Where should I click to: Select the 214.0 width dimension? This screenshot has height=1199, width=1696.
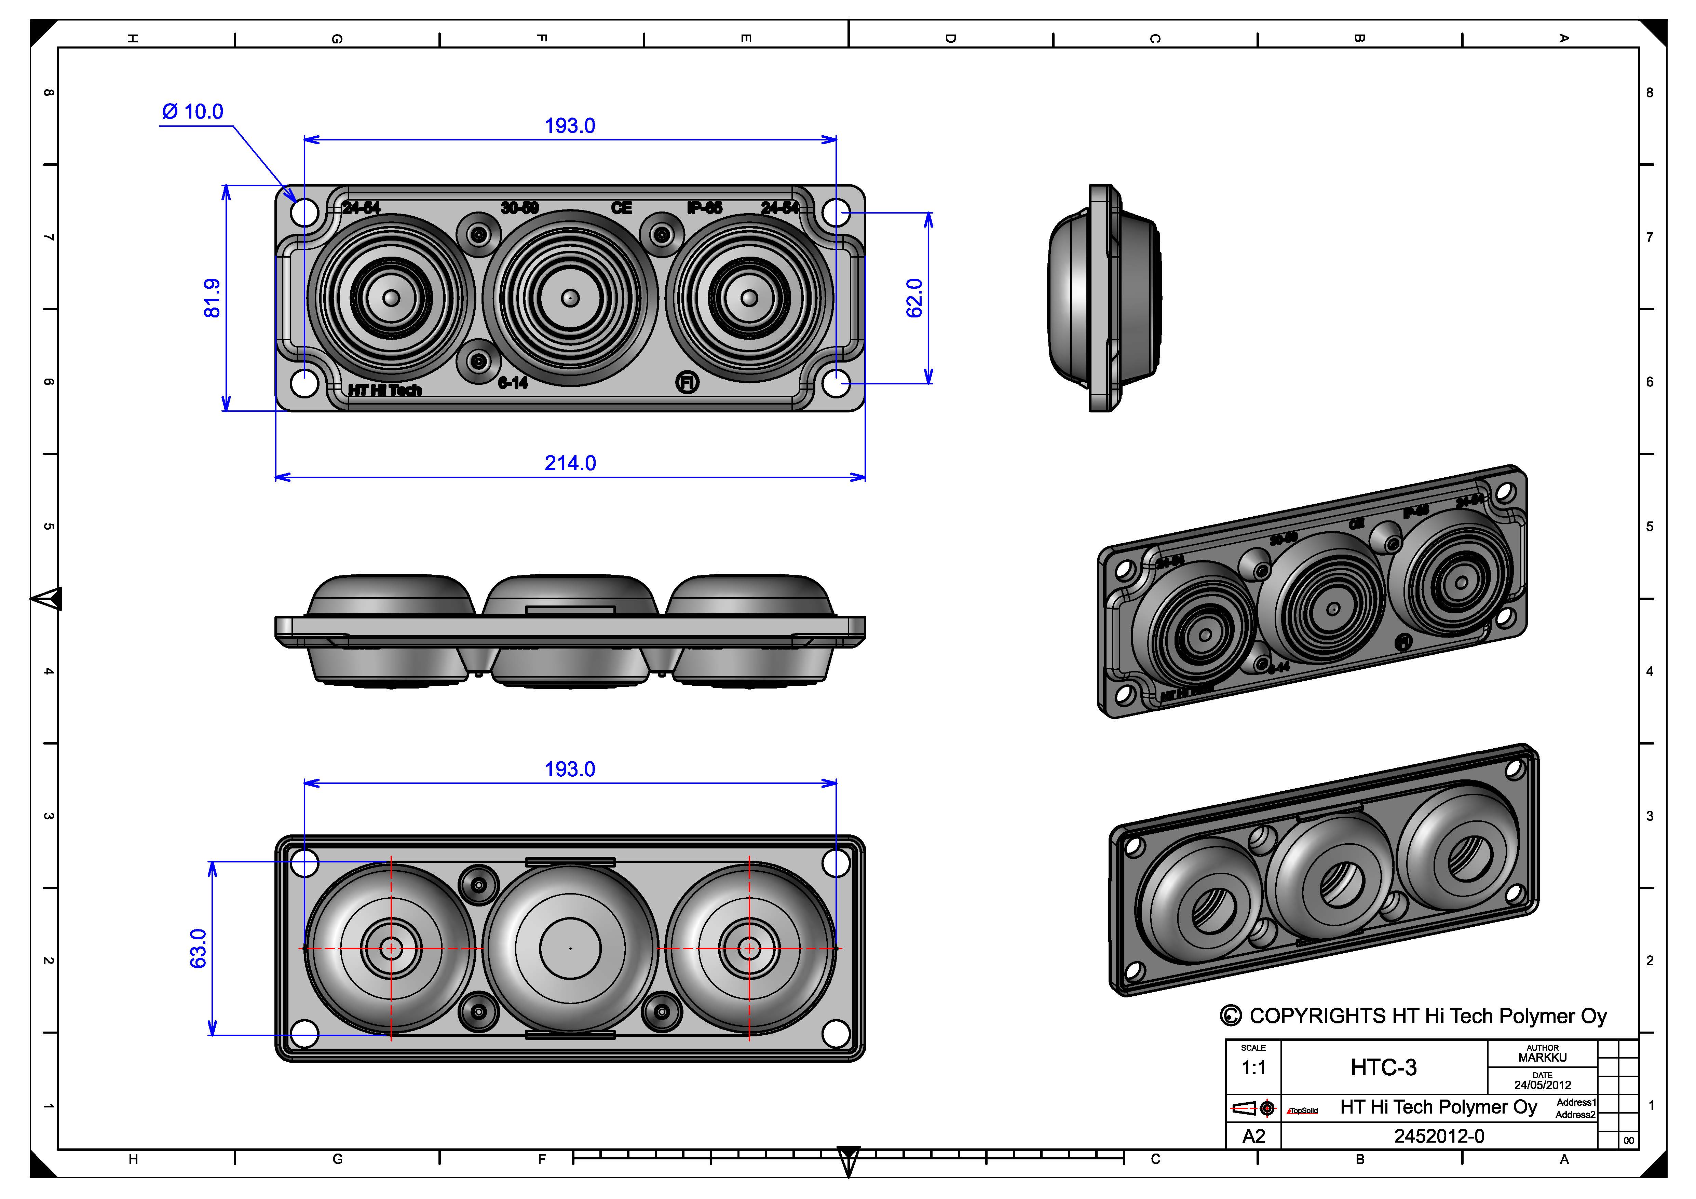pyautogui.click(x=570, y=463)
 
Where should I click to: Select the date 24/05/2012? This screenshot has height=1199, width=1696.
pyautogui.click(x=1542, y=1085)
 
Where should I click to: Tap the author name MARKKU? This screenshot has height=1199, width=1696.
pyautogui.click(x=1542, y=1058)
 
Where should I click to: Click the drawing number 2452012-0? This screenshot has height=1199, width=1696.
pyautogui.click(x=1439, y=1136)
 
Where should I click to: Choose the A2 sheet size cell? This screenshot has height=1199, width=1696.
pyautogui.click(x=1253, y=1136)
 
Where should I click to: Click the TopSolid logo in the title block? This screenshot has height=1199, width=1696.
pyautogui.click(x=1302, y=1111)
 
